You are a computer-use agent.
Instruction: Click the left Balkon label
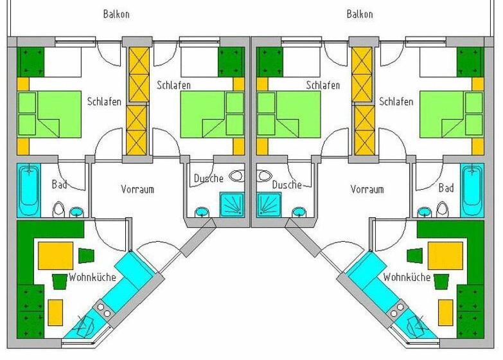point(116,14)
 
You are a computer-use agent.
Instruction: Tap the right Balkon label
point(360,14)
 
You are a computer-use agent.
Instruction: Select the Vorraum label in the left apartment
point(137,189)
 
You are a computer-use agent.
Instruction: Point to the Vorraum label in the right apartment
point(367,189)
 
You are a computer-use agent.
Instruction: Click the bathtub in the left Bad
point(29,190)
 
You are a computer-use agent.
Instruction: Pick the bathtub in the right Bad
point(472,190)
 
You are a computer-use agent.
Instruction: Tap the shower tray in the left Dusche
point(232,204)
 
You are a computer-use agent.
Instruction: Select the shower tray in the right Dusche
point(269,204)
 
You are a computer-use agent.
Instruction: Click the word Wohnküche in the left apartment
point(92,277)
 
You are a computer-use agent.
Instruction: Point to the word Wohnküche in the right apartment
point(407,277)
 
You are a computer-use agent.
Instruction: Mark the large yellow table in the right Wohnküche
point(445,256)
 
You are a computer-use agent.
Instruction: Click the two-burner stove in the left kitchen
point(104,310)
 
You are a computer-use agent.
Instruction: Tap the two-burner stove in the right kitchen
point(397,310)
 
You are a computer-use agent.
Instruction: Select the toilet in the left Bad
point(58,209)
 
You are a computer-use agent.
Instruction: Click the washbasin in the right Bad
point(425,212)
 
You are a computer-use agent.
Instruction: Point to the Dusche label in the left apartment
point(209,178)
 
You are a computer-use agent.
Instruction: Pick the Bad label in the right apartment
point(446,188)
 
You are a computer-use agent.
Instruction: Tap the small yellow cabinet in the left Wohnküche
point(55,312)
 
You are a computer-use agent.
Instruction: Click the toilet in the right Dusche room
point(265,175)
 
